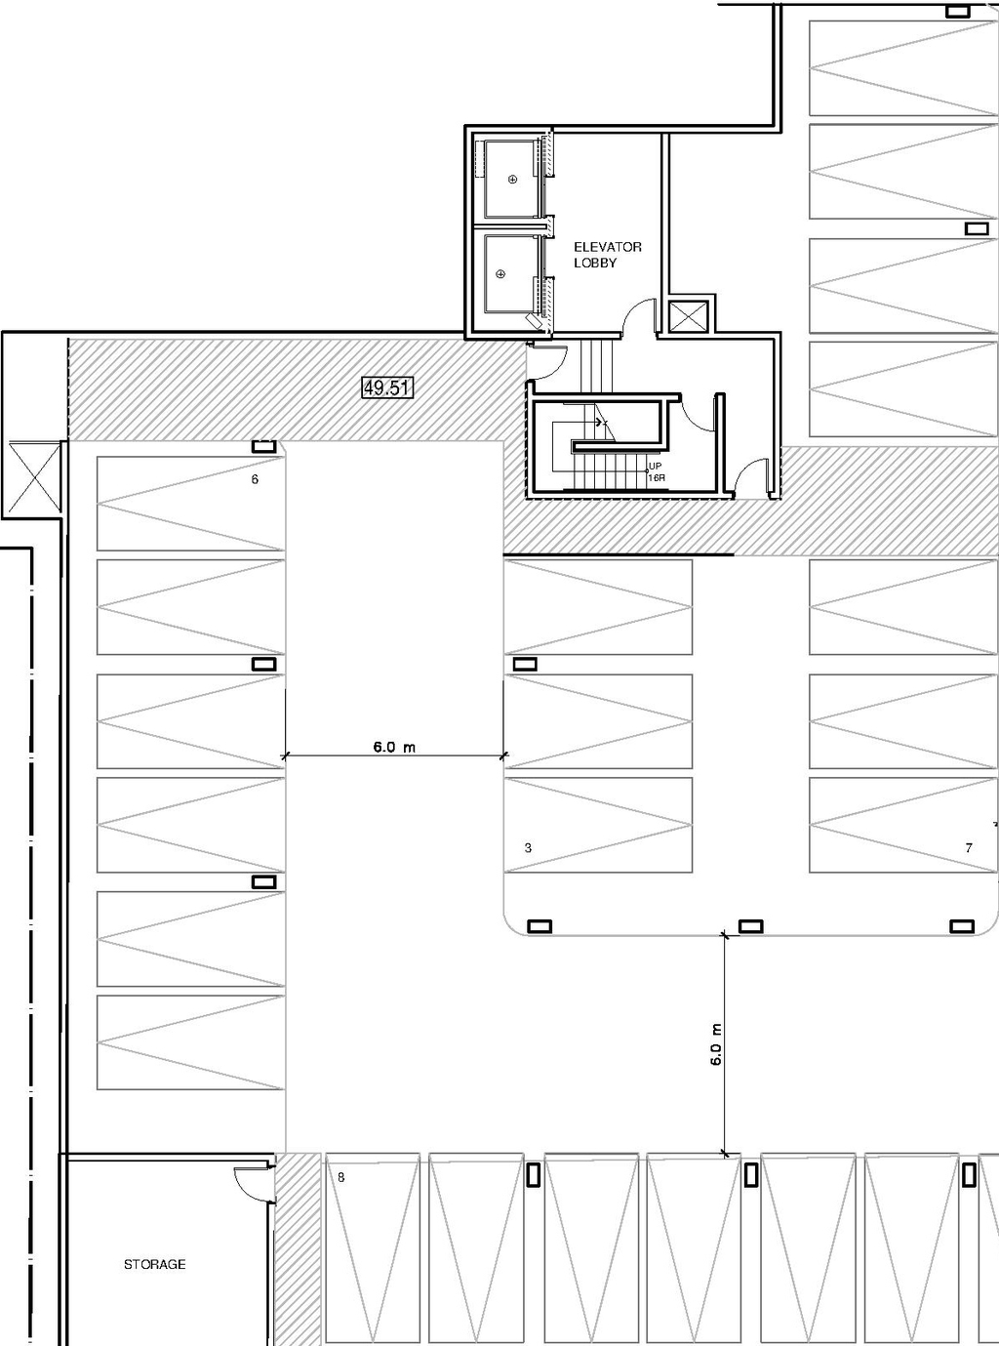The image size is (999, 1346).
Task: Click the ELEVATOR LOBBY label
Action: [607, 255]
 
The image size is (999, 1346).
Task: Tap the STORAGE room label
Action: [154, 1264]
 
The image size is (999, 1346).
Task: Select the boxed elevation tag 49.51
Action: [386, 388]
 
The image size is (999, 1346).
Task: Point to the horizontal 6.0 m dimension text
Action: [393, 747]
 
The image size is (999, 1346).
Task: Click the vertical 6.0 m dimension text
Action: [716, 1043]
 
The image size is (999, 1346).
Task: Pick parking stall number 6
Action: [255, 479]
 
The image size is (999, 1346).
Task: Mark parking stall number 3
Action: [528, 847]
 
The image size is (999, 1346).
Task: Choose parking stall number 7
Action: [968, 847]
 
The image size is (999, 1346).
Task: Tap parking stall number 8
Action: [340, 1177]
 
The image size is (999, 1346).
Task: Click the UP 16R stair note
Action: [656, 472]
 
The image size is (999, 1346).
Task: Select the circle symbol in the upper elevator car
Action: [511, 180]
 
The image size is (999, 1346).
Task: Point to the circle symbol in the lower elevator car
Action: [502, 274]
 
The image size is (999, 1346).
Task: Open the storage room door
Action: [251, 1182]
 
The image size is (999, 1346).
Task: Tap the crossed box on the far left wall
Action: [34, 476]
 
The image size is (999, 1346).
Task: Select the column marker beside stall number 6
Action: [263, 446]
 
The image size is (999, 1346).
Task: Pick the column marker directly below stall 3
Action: [539, 925]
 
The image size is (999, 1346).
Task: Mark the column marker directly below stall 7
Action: [962, 925]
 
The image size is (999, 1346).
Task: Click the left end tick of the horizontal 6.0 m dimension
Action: [285, 755]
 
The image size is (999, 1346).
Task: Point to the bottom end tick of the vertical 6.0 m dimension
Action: [724, 1154]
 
